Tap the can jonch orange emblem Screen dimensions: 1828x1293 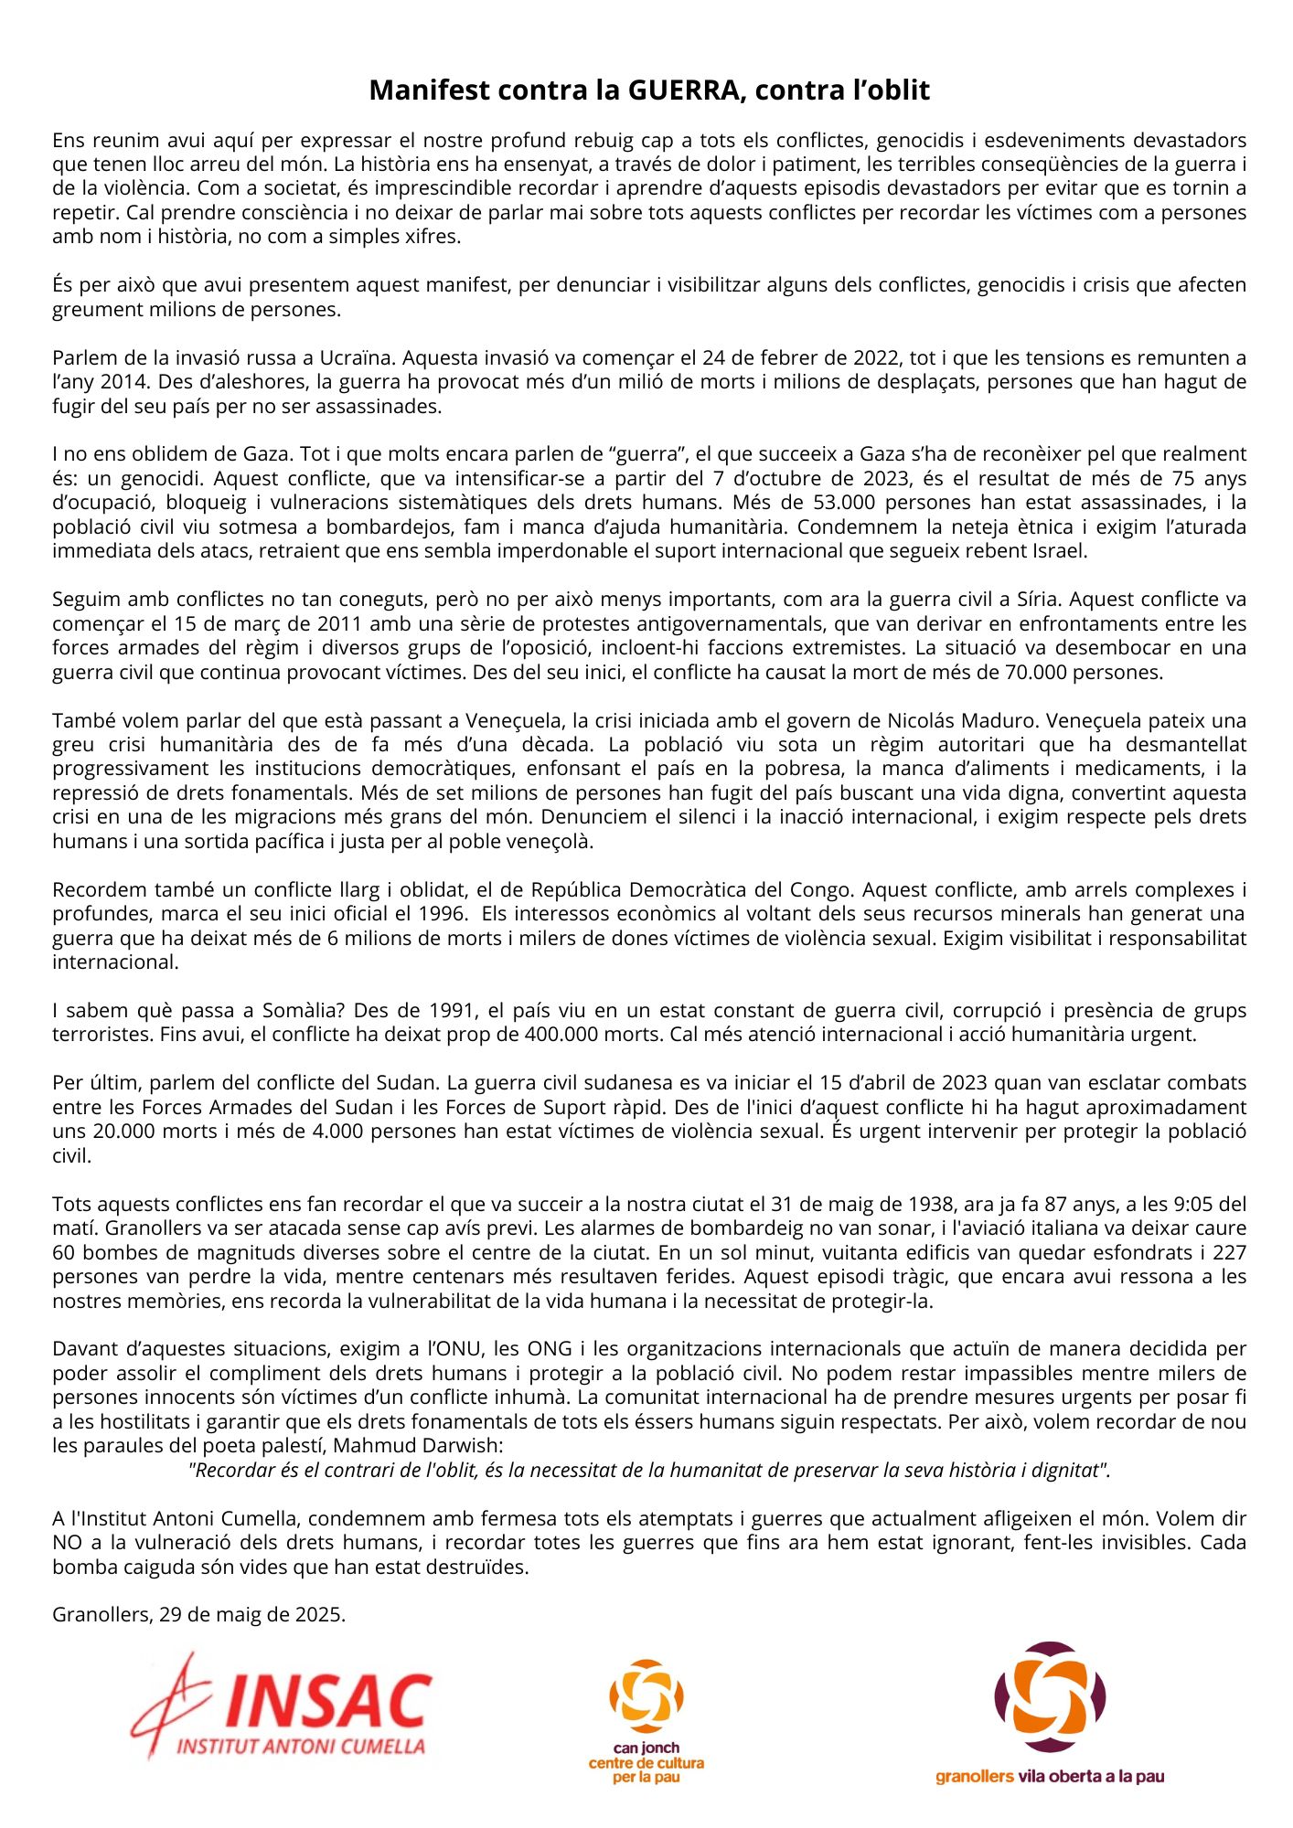click(x=646, y=1696)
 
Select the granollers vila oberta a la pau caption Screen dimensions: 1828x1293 click(x=1049, y=1777)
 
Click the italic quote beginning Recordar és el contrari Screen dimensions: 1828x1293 click(x=648, y=1470)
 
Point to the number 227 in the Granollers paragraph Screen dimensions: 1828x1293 click(x=1230, y=1252)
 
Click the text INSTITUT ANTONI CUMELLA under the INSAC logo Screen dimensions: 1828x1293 click(x=301, y=1747)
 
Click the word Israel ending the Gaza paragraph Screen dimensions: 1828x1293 click(x=1060, y=550)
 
